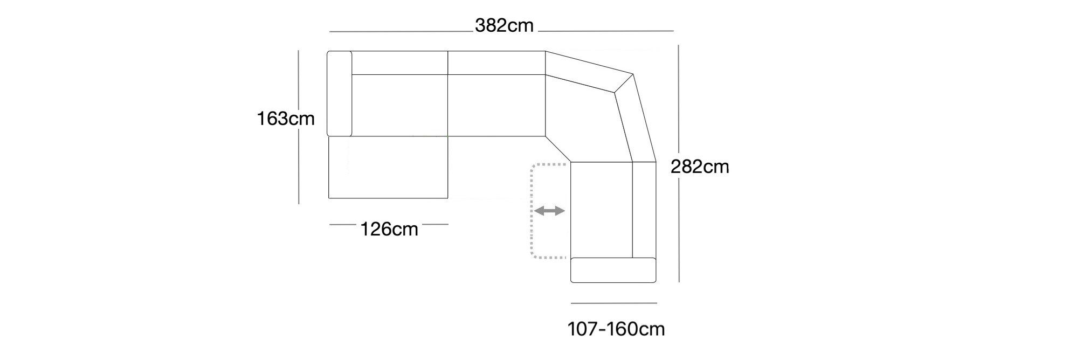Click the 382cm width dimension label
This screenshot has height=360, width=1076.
click(x=504, y=26)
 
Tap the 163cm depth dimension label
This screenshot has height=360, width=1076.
click(x=286, y=119)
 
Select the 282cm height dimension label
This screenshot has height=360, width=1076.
click(x=700, y=167)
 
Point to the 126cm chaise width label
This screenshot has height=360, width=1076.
click(x=389, y=230)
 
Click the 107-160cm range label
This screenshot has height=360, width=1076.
click(x=616, y=329)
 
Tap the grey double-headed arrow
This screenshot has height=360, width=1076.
click(x=549, y=211)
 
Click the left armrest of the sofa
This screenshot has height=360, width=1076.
click(x=340, y=94)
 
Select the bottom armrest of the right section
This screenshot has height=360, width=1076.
click(x=613, y=270)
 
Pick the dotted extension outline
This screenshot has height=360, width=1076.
click(x=532, y=210)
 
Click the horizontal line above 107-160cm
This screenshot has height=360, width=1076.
click(x=613, y=303)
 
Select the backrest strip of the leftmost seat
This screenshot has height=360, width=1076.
click(x=399, y=63)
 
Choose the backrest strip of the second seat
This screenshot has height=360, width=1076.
click(x=496, y=63)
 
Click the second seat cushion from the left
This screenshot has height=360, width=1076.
click(x=496, y=105)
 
